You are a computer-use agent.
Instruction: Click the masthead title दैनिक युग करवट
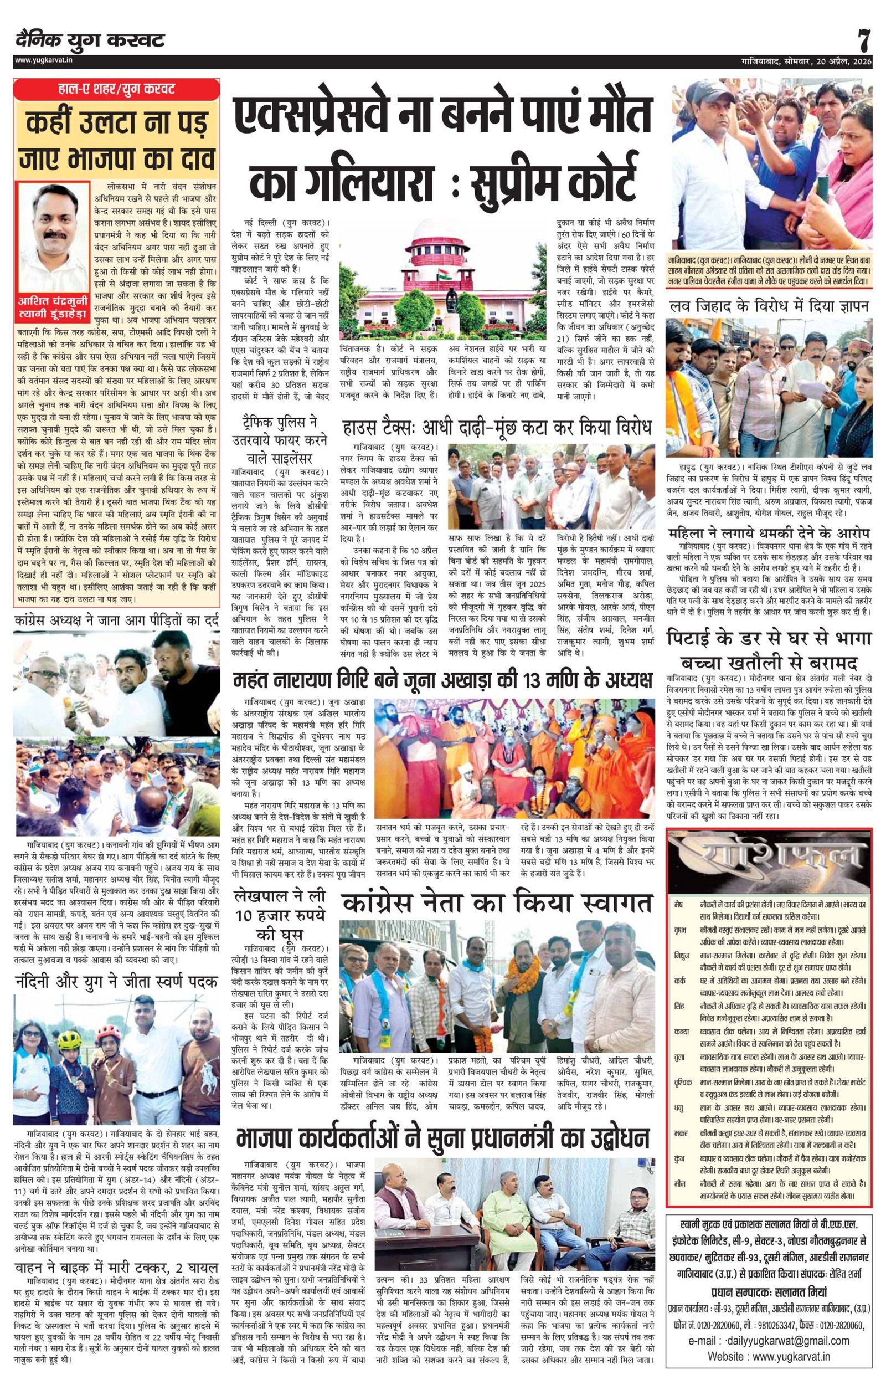click(90, 40)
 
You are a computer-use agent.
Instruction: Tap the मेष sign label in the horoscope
click(679, 904)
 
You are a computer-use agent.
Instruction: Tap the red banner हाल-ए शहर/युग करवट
click(116, 90)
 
